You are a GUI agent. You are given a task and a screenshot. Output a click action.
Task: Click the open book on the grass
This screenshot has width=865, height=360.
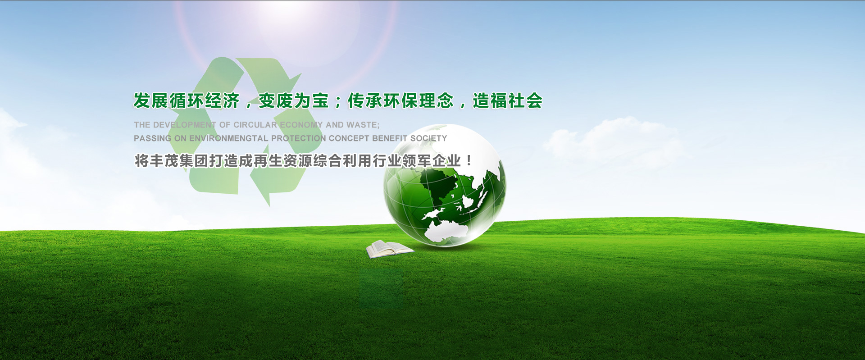click(389, 249)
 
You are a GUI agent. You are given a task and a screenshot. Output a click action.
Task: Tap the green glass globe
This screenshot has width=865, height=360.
click(445, 186)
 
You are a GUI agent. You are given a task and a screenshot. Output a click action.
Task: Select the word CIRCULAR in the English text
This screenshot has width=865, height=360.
click(255, 125)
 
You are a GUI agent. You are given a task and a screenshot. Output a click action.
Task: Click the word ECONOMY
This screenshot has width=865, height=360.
click(301, 125)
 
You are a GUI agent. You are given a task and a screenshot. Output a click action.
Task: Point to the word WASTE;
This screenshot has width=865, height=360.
click(363, 125)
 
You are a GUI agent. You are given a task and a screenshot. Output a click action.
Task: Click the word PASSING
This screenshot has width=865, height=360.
click(152, 138)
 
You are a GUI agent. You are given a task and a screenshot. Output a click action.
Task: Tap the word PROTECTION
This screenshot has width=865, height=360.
click(298, 138)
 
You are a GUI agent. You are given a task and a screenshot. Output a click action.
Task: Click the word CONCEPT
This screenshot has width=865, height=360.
click(349, 138)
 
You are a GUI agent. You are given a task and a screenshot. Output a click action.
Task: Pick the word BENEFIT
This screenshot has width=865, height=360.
click(390, 138)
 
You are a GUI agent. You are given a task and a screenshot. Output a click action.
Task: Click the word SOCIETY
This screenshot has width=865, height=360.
click(428, 138)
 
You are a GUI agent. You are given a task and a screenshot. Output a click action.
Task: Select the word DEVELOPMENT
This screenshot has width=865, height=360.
click(185, 125)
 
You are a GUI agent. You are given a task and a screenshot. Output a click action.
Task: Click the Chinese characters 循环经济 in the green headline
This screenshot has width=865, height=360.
click(205, 101)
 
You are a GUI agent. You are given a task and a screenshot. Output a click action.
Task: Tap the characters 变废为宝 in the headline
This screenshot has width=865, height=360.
click(294, 101)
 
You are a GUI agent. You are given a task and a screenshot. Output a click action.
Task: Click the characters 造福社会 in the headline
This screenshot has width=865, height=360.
click(508, 101)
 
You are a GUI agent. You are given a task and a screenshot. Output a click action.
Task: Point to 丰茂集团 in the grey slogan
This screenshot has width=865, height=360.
click(179, 161)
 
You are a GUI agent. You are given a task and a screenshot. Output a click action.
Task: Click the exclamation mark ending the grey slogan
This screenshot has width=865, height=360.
click(469, 161)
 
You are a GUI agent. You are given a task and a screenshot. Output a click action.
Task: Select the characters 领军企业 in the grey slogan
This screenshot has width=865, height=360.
click(431, 161)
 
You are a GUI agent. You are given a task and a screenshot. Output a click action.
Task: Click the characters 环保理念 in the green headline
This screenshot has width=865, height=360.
click(419, 101)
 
